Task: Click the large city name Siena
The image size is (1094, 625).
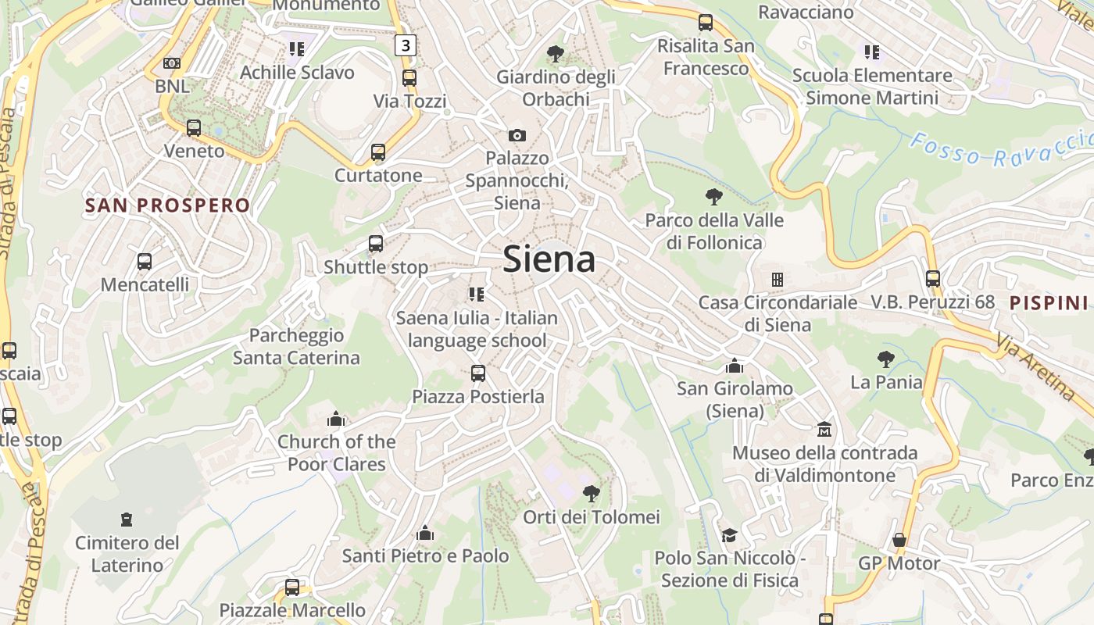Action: (x=549, y=259)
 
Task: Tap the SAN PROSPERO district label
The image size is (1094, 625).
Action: (x=167, y=205)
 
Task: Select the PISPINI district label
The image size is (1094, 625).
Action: (x=1049, y=303)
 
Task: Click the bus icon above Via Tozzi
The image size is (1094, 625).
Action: (x=409, y=78)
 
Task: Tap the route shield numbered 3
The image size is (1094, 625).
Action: (x=405, y=45)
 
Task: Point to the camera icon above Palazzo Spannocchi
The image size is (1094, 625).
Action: (x=517, y=135)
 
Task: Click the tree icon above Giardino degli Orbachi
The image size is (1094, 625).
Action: (x=556, y=54)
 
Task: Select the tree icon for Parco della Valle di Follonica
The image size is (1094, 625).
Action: (x=713, y=197)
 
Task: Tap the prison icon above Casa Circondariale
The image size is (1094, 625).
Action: (x=777, y=279)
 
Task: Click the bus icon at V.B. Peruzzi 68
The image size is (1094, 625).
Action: (x=932, y=278)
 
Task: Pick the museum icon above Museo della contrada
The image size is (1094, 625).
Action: (x=824, y=430)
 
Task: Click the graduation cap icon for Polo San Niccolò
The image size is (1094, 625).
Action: (x=729, y=535)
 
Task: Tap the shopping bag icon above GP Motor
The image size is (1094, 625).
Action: (x=899, y=540)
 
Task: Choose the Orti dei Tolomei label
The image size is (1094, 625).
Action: (x=592, y=517)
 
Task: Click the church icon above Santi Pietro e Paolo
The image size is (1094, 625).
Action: (x=425, y=533)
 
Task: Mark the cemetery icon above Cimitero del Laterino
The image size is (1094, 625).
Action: (x=126, y=520)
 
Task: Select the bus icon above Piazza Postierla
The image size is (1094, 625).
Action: (x=478, y=373)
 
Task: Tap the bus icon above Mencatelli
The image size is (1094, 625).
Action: (x=145, y=262)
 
